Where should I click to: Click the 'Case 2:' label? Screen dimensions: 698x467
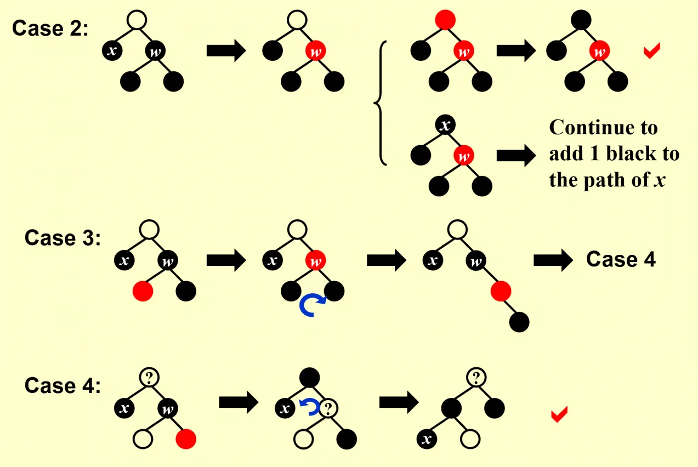point(50,29)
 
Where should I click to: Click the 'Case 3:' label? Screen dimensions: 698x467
point(63,238)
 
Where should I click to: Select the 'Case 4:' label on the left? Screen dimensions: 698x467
point(63,385)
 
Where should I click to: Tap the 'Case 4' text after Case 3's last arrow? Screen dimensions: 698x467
point(621,259)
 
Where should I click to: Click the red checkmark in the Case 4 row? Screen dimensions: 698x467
point(559,414)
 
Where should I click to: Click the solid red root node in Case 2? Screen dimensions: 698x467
point(445,20)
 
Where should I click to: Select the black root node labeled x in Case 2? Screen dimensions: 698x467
point(445,125)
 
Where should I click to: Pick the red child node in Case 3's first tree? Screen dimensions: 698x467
point(143,291)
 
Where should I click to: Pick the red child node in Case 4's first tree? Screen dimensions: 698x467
point(186,439)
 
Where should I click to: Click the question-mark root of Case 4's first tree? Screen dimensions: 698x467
point(149,378)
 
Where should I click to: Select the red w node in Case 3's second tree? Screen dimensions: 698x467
point(316,260)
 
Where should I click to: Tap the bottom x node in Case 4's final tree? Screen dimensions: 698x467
point(427,439)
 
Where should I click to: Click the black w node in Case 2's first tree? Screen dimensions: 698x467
point(155,51)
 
